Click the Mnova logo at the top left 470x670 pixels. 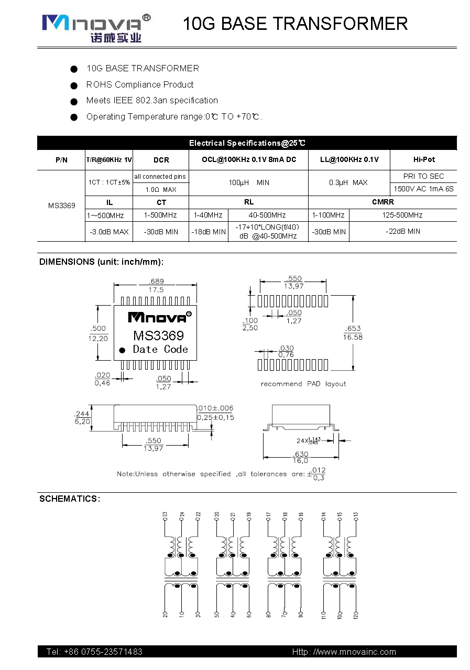point(96,28)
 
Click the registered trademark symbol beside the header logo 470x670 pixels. point(146,18)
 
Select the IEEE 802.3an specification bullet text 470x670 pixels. point(152,100)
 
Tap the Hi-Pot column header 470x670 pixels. point(424,159)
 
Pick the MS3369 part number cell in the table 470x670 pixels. point(62,206)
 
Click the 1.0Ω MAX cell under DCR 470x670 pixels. point(161,189)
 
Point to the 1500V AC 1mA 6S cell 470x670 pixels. point(423,189)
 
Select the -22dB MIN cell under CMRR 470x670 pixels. point(403,231)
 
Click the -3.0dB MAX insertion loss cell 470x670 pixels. point(109,232)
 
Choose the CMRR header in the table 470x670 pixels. point(382,202)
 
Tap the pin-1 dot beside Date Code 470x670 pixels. point(122,350)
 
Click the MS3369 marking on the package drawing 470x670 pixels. point(158,336)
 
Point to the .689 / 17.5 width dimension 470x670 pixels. point(156,285)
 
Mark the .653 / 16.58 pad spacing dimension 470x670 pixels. point(353,332)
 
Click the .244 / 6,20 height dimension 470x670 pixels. point(82,417)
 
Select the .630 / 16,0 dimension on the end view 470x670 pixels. point(300,457)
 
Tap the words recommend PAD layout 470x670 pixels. point(303,384)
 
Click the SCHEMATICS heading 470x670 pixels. point(70,499)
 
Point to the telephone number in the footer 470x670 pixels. point(94,652)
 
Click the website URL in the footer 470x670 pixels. point(344,652)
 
